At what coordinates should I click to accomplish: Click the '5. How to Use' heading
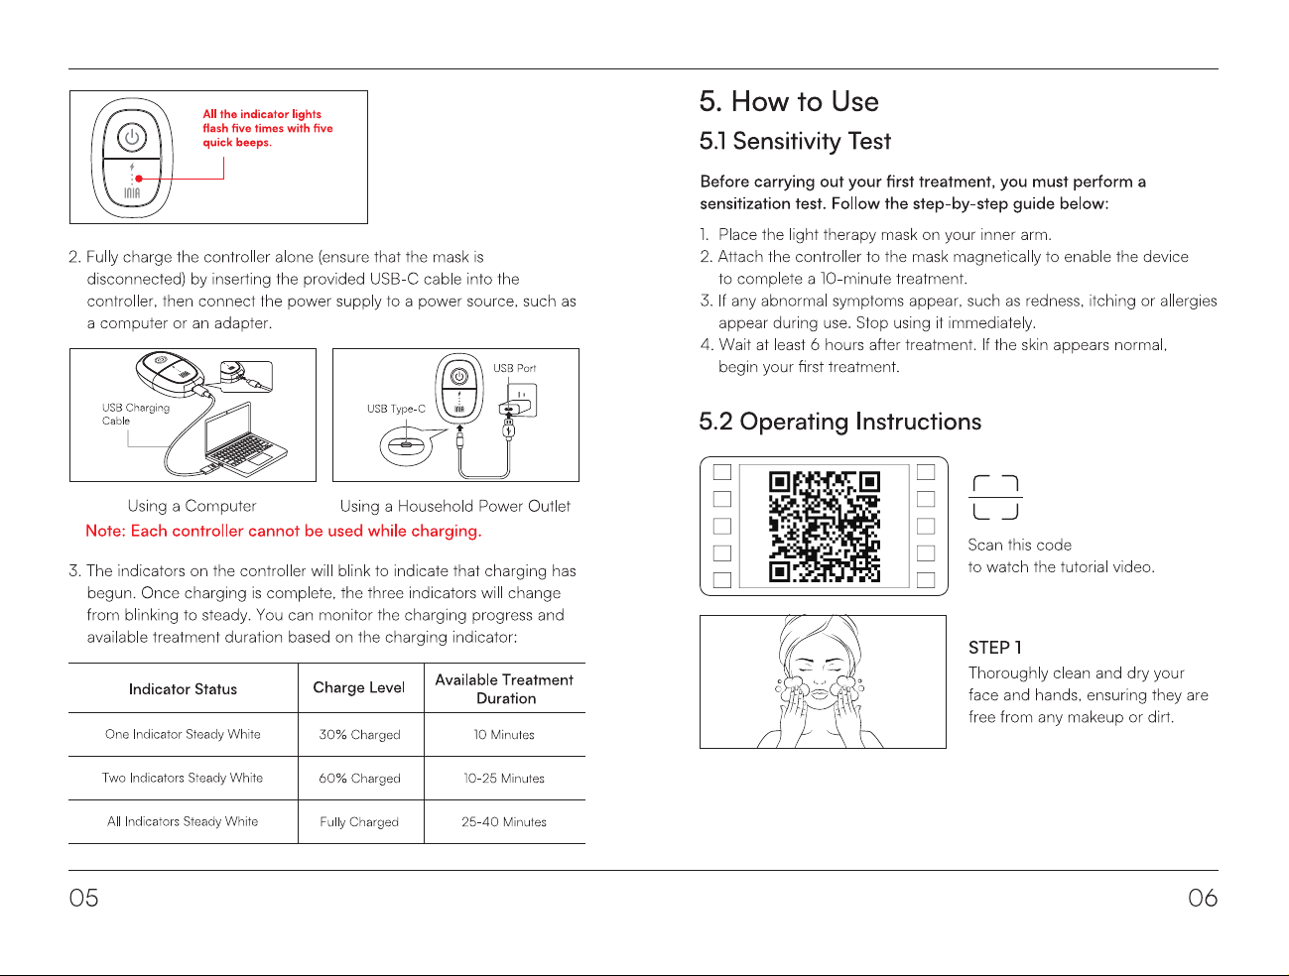[x=789, y=101]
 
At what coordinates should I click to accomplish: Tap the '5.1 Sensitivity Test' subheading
[x=795, y=141]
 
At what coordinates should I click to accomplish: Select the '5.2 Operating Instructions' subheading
[x=839, y=422]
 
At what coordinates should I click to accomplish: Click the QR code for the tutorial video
[x=824, y=527]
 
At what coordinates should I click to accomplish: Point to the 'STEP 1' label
[x=995, y=648]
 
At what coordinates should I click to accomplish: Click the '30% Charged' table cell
[x=359, y=735]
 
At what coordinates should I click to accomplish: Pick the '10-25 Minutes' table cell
[x=504, y=779]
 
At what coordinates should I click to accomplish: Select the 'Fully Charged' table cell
[x=359, y=821]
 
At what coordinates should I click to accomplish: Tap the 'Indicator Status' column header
[x=183, y=689]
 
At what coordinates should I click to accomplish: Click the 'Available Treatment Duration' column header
[x=504, y=689]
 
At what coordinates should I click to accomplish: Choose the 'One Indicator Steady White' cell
[x=183, y=734]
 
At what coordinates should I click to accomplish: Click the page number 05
[x=83, y=898]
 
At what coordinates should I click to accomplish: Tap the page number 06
[x=1203, y=898]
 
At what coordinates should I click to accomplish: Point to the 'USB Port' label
[x=514, y=368]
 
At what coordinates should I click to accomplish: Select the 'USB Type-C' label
[x=396, y=409]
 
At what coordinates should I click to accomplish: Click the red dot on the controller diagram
[x=139, y=179]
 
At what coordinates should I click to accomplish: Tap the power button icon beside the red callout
[x=132, y=137]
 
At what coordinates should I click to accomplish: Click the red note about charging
[x=284, y=531]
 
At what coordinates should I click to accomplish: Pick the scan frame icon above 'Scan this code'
[x=995, y=498]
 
